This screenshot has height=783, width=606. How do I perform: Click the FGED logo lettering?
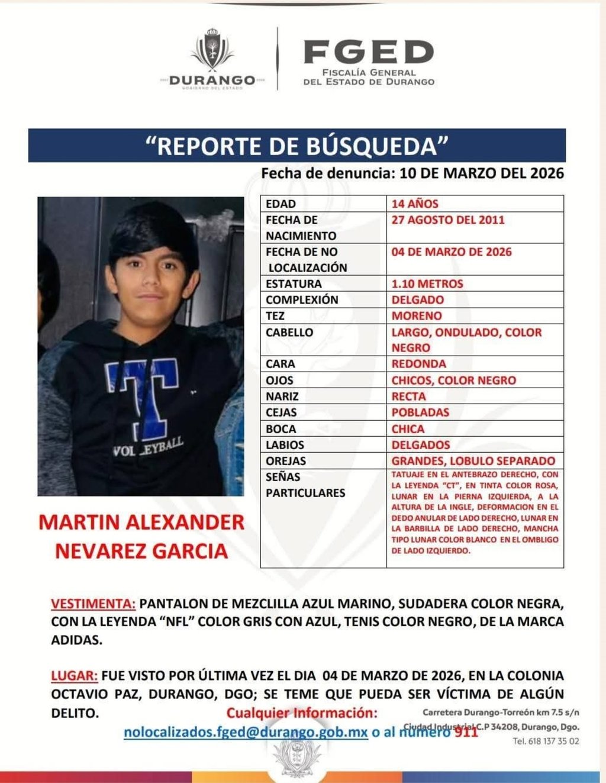pos(368,53)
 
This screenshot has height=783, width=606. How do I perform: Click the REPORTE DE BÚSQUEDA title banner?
pos(296,146)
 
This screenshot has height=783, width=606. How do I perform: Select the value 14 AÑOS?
pos(415,204)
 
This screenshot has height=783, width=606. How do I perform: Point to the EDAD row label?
pos(281,204)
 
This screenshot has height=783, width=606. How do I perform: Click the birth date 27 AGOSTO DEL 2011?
pos(448,220)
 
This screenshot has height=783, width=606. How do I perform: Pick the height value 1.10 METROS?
pos(427,283)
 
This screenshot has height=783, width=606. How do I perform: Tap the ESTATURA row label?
pos(294,283)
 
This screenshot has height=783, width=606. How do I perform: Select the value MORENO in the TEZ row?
pos(417,316)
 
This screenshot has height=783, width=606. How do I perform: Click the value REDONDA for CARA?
pos(418,364)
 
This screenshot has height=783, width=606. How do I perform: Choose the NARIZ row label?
pos(282,397)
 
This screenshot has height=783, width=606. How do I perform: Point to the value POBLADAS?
pos(420,413)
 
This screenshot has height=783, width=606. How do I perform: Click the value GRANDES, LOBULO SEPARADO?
pos(473,461)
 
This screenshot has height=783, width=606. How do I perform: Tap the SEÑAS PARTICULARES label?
pos(305,485)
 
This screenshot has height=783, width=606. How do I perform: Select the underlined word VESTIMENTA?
pos(94,604)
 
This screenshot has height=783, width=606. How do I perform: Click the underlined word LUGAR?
pos(75,676)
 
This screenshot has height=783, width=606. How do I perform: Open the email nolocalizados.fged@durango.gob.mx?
pos(246,732)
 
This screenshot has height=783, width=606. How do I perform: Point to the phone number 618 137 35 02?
pos(553,742)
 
